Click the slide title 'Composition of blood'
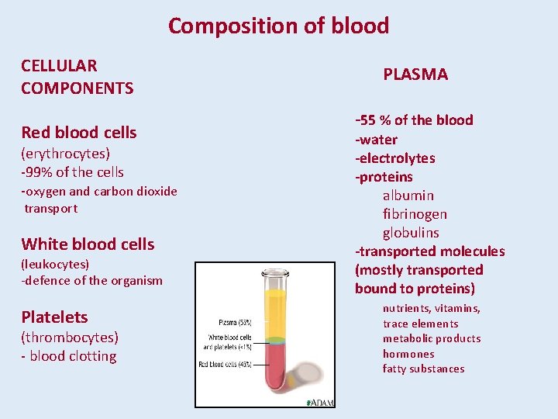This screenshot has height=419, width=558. click(x=278, y=26)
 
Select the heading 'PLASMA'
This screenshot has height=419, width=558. click(x=415, y=74)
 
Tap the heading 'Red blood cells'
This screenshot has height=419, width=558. click(x=78, y=133)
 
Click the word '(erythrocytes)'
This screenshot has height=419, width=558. click(x=65, y=154)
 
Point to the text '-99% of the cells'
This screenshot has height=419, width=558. click(x=72, y=172)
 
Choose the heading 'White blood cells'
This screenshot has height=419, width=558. click(x=88, y=244)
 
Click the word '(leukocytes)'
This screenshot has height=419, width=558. click(x=55, y=265)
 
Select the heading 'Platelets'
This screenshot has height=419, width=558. click(x=54, y=317)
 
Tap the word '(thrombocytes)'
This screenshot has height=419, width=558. click(x=70, y=338)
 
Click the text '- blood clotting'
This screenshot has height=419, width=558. click(x=69, y=357)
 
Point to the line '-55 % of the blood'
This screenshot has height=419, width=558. click(x=414, y=120)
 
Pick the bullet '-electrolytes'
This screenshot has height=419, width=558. click(x=395, y=158)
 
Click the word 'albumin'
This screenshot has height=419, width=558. click(x=408, y=196)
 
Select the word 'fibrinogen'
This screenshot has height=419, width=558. click(x=415, y=214)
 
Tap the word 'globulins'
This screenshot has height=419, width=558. click(x=411, y=233)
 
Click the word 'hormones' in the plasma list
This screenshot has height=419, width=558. click(x=408, y=354)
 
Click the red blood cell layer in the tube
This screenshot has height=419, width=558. click(x=275, y=369)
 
